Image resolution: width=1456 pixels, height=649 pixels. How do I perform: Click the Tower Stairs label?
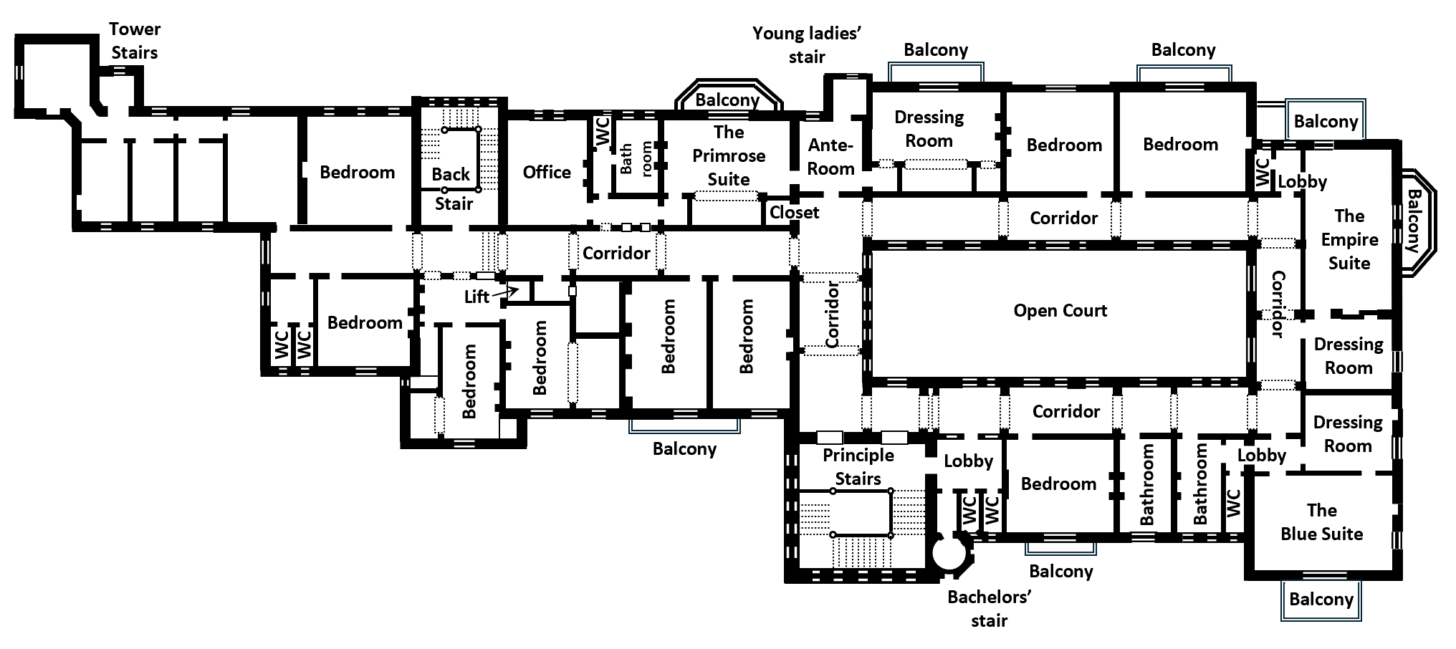(x=135, y=41)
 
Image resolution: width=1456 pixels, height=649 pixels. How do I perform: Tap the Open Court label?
(x=1060, y=311)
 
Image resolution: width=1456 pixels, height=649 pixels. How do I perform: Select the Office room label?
(x=547, y=172)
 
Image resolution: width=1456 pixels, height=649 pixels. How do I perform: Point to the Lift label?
(x=476, y=297)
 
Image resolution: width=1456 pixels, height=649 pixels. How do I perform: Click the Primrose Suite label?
(x=729, y=155)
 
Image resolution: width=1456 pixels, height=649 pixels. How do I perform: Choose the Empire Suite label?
(x=1349, y=239)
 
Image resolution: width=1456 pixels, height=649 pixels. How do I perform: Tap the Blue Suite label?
(x=1321, y=522)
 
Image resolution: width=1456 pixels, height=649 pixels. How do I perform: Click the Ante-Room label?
(x=831, y=157)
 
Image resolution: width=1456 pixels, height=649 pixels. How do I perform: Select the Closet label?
(x=794, y=213)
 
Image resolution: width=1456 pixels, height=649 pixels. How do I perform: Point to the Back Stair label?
(x=452, y=188)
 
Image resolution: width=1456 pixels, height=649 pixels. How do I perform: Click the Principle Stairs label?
(x=858, y=466)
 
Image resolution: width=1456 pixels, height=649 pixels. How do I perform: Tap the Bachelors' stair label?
(x=989, y=609)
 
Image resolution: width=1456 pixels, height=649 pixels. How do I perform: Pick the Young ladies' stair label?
(x=807, y=45)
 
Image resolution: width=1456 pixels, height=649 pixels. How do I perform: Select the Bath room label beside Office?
(x=636, y=158)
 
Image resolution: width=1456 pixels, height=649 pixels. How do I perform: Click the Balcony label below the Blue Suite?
(x=1321, y=600)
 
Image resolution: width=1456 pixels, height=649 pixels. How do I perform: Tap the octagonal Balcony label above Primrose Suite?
(x=727, y=100)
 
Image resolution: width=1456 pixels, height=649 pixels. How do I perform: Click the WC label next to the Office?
(x=603, y=132)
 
